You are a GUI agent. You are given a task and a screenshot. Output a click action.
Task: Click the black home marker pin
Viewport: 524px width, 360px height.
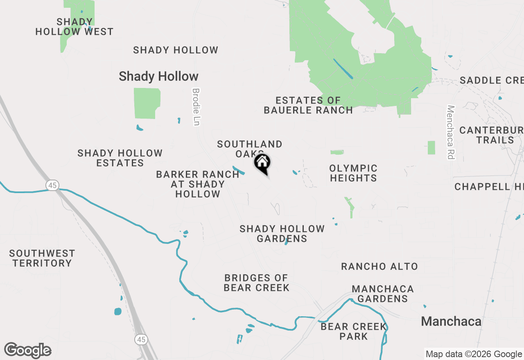click(262, 163)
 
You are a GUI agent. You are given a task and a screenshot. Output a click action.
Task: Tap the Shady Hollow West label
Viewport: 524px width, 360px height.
click(75, 27)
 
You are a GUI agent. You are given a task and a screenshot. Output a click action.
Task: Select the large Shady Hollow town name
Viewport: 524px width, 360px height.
click(158, 76)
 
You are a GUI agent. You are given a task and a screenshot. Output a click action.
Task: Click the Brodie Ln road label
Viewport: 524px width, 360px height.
click(196, 107)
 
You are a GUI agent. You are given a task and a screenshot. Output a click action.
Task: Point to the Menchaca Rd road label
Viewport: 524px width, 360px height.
click(451, 132)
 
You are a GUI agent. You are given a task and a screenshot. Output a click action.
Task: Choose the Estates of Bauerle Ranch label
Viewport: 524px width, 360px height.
click(308, 105)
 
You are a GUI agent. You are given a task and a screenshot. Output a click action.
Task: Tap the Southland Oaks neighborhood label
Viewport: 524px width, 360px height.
click(249, 148)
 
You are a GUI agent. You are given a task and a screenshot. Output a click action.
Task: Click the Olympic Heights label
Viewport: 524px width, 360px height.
click(353, 173)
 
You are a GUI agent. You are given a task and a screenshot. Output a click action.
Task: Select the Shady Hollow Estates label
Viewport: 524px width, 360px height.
click(120, 158)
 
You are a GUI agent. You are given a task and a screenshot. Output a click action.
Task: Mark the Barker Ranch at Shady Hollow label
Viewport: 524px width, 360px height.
click(198, 184)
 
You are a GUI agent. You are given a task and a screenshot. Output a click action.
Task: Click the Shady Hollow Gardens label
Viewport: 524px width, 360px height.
click(282, 234)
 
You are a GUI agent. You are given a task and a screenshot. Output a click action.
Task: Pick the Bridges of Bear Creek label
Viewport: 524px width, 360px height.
click(257, 283)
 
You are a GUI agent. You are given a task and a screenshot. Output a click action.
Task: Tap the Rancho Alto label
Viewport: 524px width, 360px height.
click(379, 267)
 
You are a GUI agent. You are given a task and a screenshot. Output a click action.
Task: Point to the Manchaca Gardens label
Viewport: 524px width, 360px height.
click(382, 294)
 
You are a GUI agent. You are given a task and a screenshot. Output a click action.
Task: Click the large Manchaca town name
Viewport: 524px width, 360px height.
click(451, 322)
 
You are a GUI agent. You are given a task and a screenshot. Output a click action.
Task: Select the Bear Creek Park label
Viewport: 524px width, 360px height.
click(354, 331)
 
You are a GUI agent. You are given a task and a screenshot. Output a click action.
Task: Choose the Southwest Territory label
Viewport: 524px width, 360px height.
click(42, 258)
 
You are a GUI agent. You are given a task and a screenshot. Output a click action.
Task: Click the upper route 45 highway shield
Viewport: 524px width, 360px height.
click(52, 185)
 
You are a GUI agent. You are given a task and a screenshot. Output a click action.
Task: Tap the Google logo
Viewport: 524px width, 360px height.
click(28, 350)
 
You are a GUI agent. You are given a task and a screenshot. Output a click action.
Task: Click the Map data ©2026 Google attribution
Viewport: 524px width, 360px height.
click(474, 354)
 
